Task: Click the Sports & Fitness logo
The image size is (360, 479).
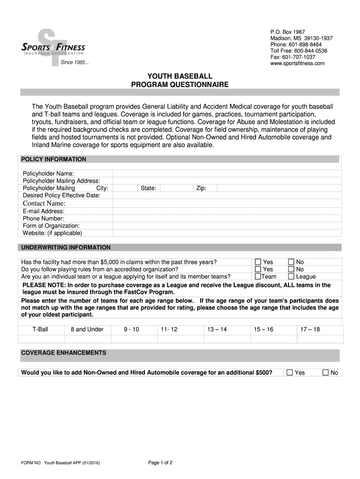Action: pos(54,48)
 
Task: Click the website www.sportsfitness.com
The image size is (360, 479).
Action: pos(297,64)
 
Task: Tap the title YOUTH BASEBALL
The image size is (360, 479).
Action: pos(180,76)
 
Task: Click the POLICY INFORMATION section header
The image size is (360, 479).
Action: pos(54,160)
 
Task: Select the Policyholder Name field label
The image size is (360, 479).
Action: pos(48,174)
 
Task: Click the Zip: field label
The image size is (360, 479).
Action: pos(201,188)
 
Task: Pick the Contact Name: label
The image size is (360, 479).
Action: pos(44,203)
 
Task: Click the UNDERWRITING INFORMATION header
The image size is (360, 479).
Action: pos(66,247)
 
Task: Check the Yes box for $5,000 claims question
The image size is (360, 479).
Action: pos(258,262)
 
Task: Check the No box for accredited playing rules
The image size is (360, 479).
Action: pos(291,269)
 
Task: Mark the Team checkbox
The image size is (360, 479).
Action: pos(258,276)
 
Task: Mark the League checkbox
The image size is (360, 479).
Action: pos(291,276)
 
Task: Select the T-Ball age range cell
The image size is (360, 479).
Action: pos(40,329)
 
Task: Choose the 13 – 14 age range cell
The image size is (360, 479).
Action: pos(217,329)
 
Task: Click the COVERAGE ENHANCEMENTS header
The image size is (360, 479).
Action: pos(64,353)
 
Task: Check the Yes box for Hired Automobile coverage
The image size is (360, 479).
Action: pos(289,373)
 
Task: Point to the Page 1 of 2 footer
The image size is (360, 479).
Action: pos(160,463)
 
